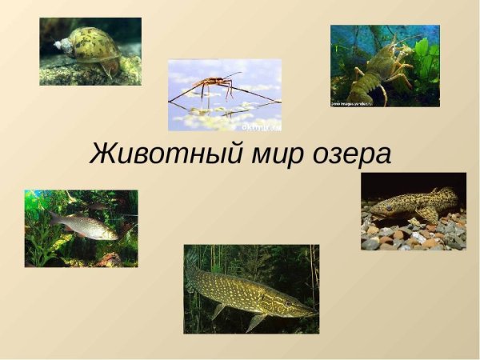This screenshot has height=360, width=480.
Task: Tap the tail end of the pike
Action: [x=192, y=276]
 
